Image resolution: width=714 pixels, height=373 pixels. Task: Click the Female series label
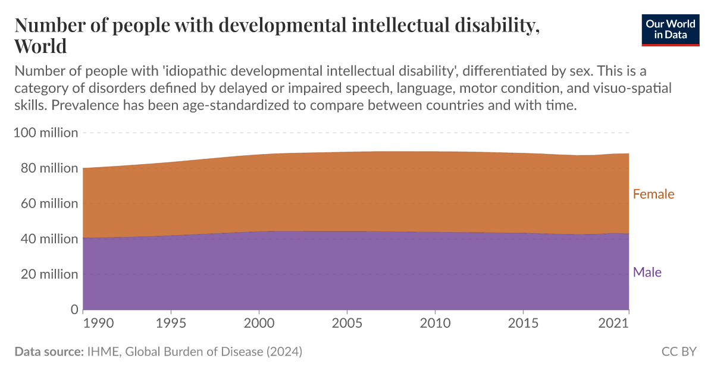point(653,194)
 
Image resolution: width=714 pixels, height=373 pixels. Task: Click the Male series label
point(647,272)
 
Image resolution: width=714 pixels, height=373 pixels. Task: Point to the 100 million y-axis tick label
point(45,133)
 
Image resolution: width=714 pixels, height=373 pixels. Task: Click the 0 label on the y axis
point(74,309)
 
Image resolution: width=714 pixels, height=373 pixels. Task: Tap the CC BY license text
point(678,352)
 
